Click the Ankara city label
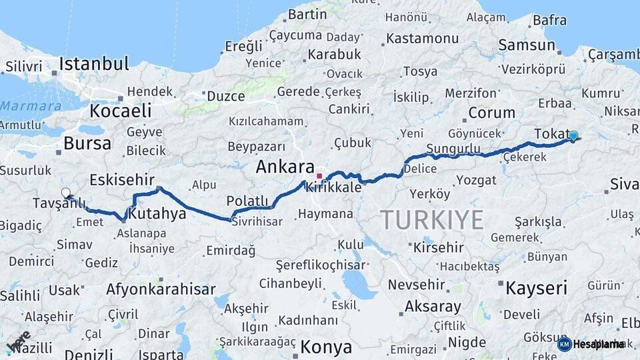(285, 167)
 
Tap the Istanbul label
(93, 64)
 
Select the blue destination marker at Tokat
(573, 136)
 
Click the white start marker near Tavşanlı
(65, 193)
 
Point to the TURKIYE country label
(431, 219)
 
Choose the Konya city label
(326, 347)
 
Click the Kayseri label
(536, 288)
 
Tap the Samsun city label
(527, 45)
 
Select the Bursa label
(87, 143)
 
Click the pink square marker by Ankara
(320, 177)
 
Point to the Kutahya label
(157, 214)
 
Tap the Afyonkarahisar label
(161, 289)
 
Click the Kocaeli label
(121, 110)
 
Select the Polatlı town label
(247, 201)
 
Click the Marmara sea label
(31, 105)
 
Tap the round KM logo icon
(564, 344)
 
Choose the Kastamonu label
(423, 38)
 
